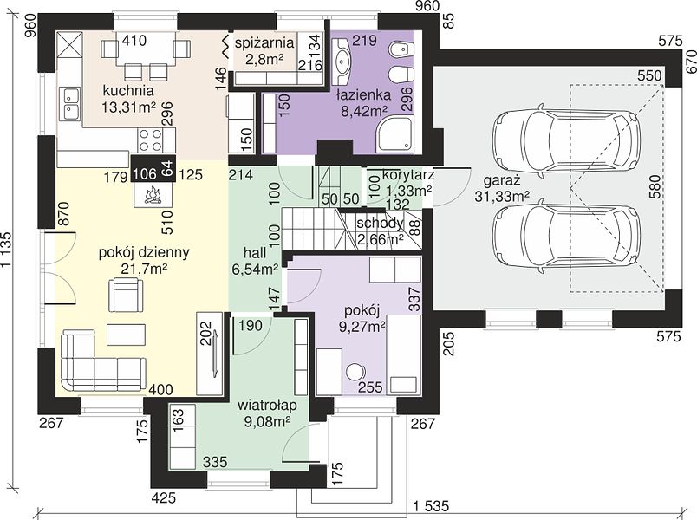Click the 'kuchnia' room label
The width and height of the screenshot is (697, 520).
pyautogui.click(x=128, y=91)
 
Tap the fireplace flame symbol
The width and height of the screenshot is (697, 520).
pyautogui.click(x=153, y=195)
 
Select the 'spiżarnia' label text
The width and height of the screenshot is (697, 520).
pyautogui.click(x=264, y=43)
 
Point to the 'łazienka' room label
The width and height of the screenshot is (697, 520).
pyautogui.click(x=363, y=94)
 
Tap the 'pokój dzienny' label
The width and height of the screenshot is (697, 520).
pyautogui.click(x=144, y=252)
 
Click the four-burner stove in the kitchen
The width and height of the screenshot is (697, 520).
pyautogui.click(x=151, y=140)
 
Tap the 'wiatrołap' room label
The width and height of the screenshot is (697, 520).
pyautogui.click(x=267, y=406)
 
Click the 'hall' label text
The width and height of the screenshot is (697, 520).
pyautogui.click(x=255, y=253)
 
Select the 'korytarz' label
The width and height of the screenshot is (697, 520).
pyautogui.click(x=408, y=174)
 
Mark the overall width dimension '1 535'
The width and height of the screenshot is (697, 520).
pyautogui.click(x=431, y=506)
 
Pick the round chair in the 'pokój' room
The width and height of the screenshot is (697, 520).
pyautogui.click(x=355, y=372)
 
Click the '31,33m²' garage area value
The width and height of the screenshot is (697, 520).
pyautogui.click(x=502, y=197)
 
